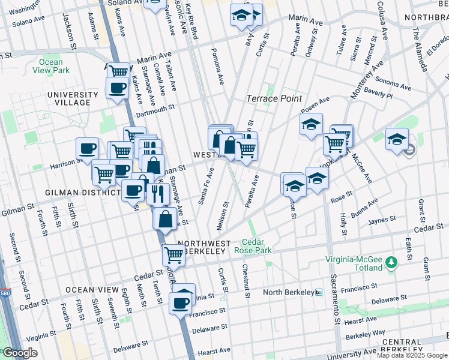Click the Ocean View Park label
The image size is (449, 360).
51,66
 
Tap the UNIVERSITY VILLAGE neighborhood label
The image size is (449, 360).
72,98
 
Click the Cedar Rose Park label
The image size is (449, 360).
258,246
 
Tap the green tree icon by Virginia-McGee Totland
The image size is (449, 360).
391,262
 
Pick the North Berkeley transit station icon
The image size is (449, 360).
319,292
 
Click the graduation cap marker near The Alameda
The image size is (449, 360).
396,139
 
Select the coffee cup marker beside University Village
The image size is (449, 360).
116,88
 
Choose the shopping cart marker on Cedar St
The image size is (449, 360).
173,254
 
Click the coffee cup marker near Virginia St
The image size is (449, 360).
179,302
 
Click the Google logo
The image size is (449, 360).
20,353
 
